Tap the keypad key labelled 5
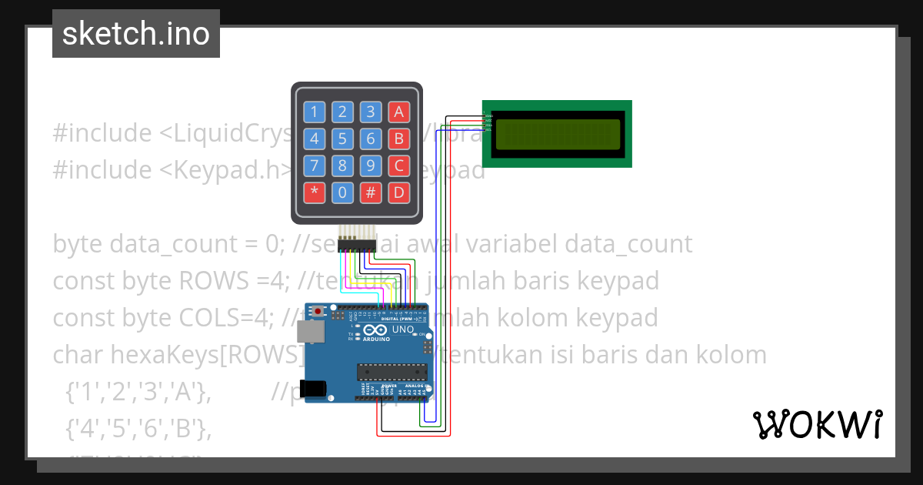click(x=342, y=139)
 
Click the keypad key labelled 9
click(x=370, y=166)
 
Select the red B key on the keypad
click(x=398, y=139)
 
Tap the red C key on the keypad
click(x=398, y=166)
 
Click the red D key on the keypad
click(x=398, y=192)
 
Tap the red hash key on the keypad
click(x=370, y=192)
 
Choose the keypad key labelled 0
click(x=342, y=192)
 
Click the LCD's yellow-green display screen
click(x=558, y=134)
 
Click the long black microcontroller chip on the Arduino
click(x=391, y=372)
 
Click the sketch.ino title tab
click(x=136, y=34)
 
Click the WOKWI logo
click(x=817, y=424)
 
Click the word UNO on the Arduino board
click(x=403, y=330)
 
